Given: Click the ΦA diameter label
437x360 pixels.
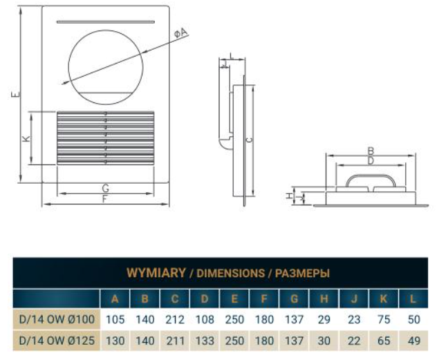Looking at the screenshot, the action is tap(181, 33).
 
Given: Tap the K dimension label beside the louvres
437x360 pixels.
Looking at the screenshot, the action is tap(26, 138).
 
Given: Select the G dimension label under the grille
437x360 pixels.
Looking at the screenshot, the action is tap(105, 189).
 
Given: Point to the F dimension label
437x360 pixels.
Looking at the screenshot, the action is tap(105, 199).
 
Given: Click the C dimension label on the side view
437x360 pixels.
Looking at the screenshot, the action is tap(250, 140).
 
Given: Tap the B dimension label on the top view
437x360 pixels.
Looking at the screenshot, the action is tap(371, 151).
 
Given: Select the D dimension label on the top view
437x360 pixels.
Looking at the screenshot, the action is tap(371, 160).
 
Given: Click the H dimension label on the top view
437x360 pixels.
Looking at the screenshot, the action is tap(290, 196).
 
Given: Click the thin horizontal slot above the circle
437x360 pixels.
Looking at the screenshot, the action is tap(106, 22).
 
